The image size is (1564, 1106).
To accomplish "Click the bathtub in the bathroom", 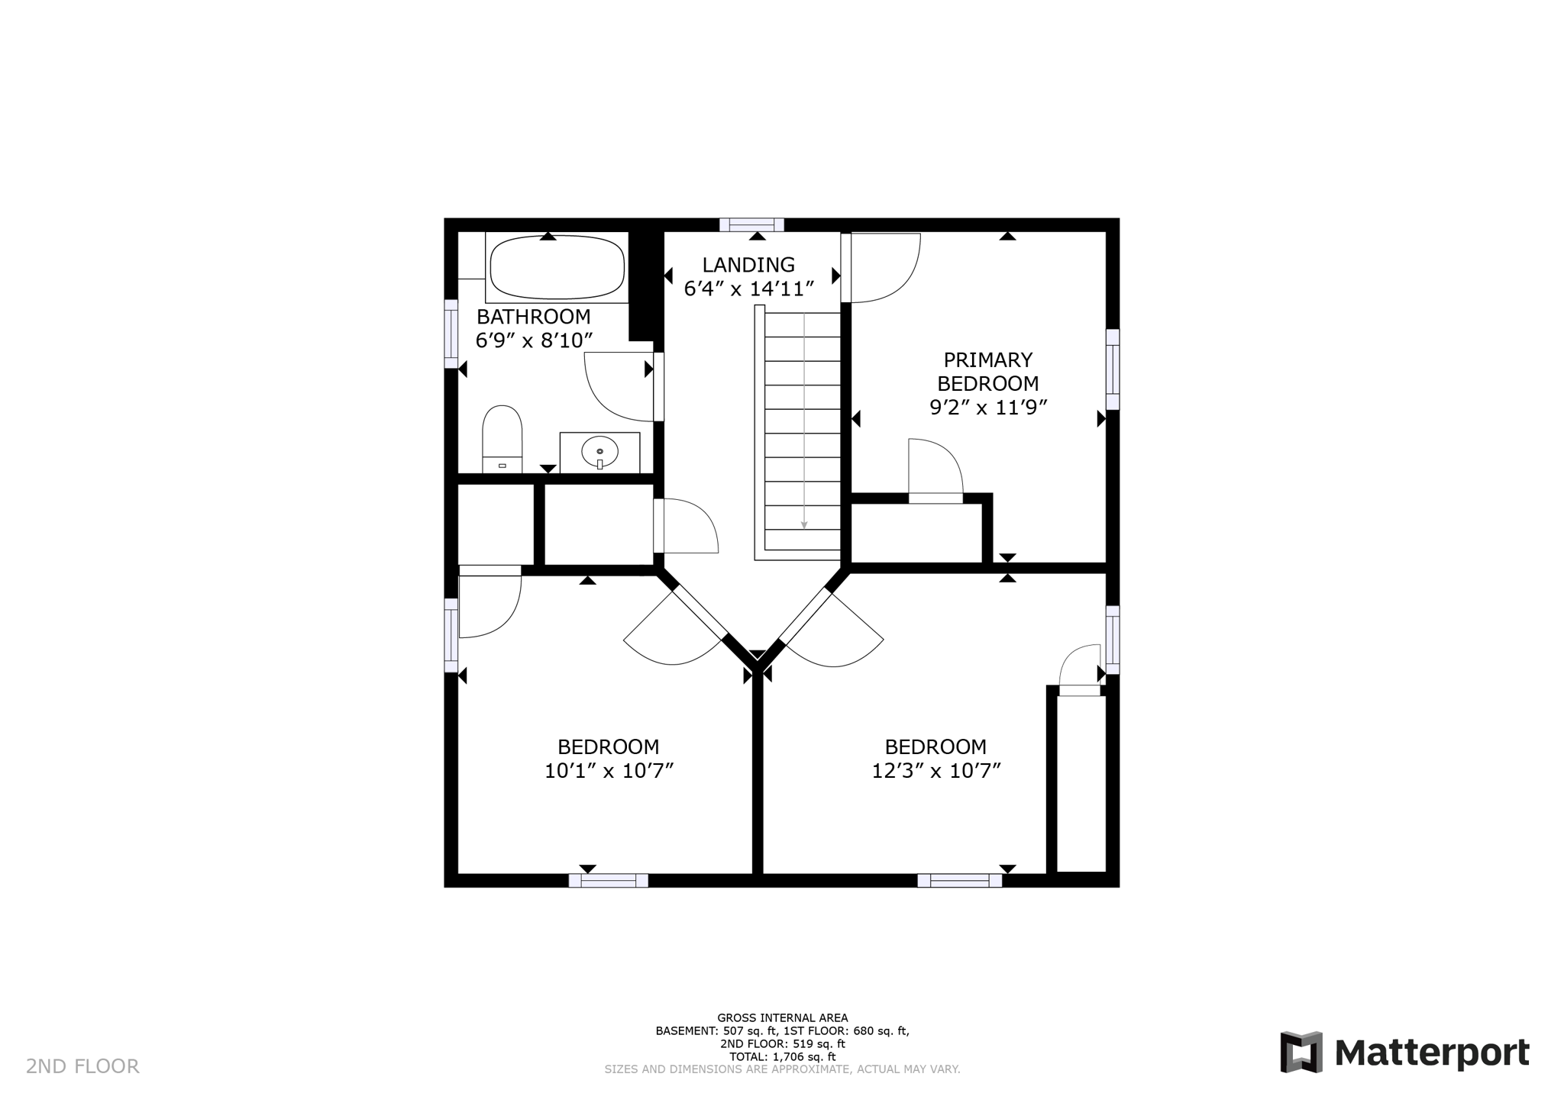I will click(557, 268).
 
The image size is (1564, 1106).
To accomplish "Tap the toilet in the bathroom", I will click(502, 440).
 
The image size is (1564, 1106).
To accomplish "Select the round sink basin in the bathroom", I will click(599, 452).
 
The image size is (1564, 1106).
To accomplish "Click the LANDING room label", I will click(748, 265).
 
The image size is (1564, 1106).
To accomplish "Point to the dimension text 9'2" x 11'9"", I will click(987, 408).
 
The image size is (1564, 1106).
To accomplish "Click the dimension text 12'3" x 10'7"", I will click(935, 771).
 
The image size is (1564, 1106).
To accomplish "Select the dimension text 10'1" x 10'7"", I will click(609, 771).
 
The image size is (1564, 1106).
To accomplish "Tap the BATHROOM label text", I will click(533, 317).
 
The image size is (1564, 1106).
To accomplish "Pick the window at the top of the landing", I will click(752, 224).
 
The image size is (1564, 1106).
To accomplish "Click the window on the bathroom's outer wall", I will click(451, 334).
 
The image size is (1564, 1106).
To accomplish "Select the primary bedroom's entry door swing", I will click(882, 267).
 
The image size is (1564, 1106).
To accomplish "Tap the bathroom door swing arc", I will click(617, 386).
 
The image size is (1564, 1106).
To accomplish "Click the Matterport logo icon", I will click(1301, 1052).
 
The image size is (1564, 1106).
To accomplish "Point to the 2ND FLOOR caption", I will click(82, 1066).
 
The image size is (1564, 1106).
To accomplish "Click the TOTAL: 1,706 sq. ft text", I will click(782, 1057).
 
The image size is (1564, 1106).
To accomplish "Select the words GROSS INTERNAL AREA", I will click(782, 1017).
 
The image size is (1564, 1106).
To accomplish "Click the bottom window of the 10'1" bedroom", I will click(609, 880).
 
